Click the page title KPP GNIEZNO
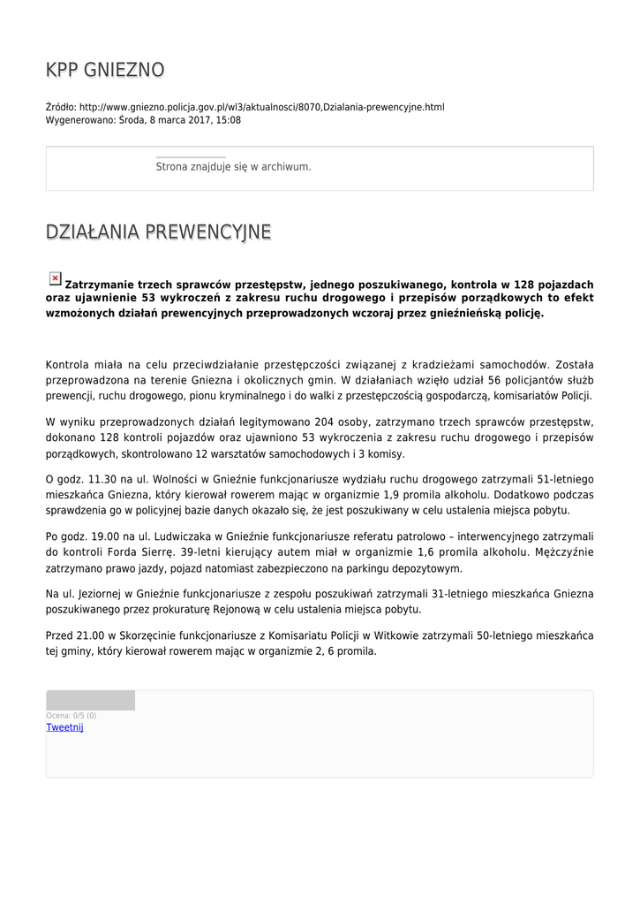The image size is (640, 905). coord(105,70)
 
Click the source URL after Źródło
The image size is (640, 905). coord(261,108)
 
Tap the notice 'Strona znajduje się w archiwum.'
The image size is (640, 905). coord(233,166)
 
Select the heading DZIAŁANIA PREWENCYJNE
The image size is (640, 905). coord(158,232)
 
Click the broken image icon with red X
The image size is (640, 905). coord(55,278)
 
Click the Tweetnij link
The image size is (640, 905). coord(64,727)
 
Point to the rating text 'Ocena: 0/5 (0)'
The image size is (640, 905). coord(72,715)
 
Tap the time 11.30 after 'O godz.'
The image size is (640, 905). coord(102,479)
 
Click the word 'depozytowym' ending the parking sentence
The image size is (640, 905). coord(419,568)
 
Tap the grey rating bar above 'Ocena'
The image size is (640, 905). coord(90,701)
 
